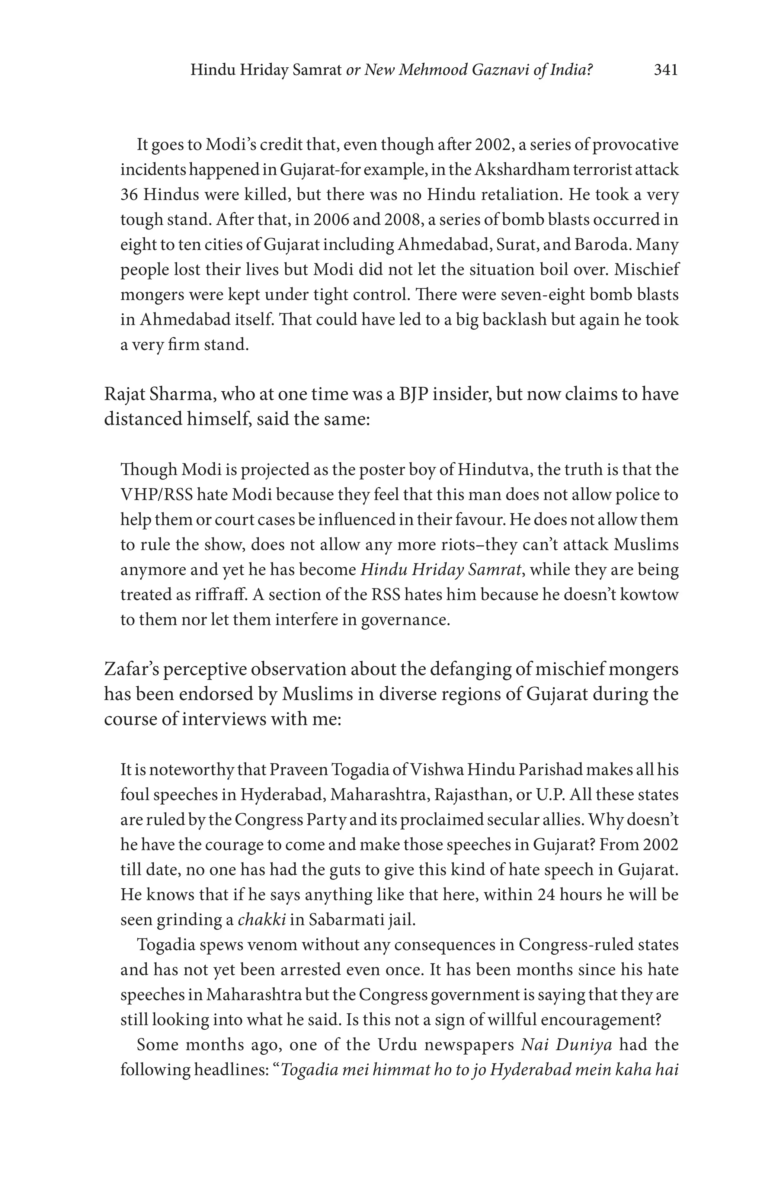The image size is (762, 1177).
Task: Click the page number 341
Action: [x=665, y=70]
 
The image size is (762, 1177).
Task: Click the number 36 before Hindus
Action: [x=129, y=194]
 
